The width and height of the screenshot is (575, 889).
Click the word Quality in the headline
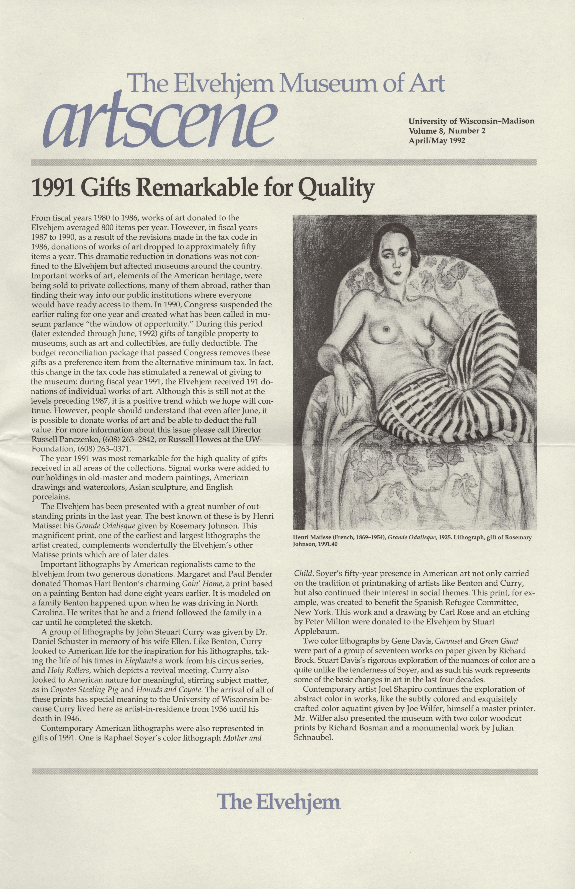336,188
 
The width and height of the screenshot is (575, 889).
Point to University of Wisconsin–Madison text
471,121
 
